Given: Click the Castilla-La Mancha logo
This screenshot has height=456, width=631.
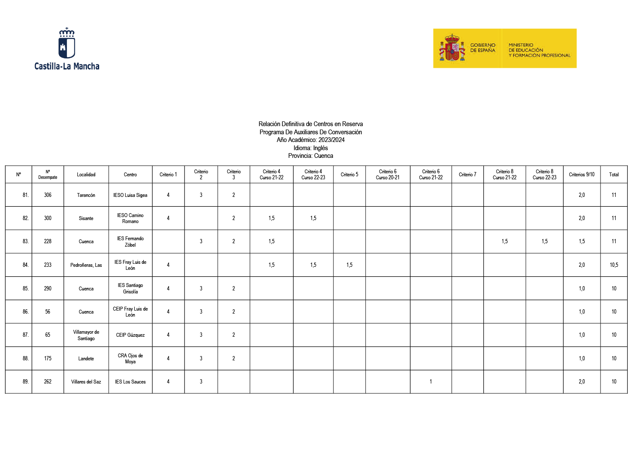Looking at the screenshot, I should [x=67, y=48].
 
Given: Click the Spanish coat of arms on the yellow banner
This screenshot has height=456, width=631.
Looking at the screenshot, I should [x=452, y=48].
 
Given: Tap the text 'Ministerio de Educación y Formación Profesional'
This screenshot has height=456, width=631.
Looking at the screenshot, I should [x=539, y=50].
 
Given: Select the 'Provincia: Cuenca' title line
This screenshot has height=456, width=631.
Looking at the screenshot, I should [x=310, y=156].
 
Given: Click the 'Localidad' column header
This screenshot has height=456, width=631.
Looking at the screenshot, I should [x=86, y=175].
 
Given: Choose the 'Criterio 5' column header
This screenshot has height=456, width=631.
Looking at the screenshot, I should [x=349, y=175].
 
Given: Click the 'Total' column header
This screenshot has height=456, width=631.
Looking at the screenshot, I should [x=613, y=175].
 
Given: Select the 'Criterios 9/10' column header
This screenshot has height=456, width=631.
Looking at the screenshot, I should [x=581, y=175].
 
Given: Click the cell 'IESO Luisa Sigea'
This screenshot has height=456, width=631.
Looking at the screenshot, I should [x=130, y=195].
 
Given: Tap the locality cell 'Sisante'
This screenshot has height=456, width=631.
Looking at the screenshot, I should [x=86, y=218].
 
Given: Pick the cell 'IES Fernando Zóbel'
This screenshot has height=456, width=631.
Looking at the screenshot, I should [x=130, y=242].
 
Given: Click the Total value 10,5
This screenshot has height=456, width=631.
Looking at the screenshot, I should [x=613, y=265].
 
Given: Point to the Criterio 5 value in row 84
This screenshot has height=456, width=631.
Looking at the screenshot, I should [x=349, y=265].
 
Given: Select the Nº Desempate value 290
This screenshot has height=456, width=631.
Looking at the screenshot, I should [x=48, y=289].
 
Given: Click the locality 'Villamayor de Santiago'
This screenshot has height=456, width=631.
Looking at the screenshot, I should [x=86, y=335].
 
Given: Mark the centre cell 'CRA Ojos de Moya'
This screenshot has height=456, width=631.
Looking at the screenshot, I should [x=130, y=359].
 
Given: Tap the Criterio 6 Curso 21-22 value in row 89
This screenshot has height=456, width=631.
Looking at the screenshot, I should [x=431, y=382].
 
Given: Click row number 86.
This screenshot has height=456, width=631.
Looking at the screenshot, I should [x=25, y=312].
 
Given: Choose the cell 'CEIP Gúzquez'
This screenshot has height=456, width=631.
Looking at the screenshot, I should [x=130, y=335].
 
